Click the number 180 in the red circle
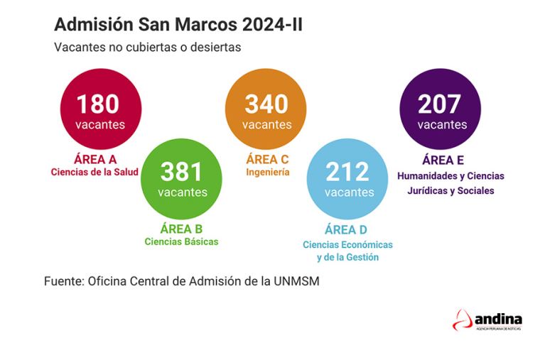[x=97, y=104]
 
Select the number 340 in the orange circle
[x=266, y=104]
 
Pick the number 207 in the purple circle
[x=440, y=104]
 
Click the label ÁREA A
[x=95, y=159]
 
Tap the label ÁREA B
[x=181, y=229]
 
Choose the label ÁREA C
[x=267, y=159]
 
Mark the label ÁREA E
[x=443, y=160]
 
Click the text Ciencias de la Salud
[x=95, y=173]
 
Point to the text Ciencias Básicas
[x=181, y=241]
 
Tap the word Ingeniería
[x=268, y=172]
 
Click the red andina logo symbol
[x=463, y=320]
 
